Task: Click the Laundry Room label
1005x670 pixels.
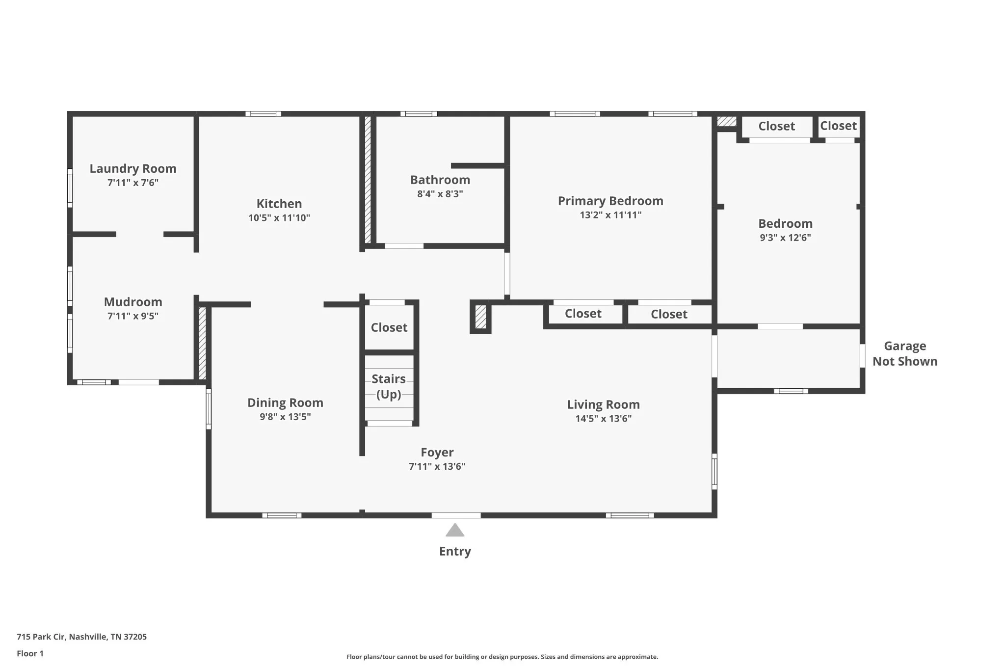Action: click(133, 168)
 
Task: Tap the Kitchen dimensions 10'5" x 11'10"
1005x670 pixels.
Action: click(279, 217)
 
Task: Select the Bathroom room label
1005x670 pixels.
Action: click(440, 180)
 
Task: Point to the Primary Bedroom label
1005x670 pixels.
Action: click(610, 201)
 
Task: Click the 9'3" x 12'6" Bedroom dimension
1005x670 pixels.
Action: click(785, 238)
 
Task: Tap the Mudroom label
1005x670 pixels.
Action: click(133, 302)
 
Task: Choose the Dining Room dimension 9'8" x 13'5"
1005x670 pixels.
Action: click(285, 417)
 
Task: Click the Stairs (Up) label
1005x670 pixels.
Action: click(389, 387)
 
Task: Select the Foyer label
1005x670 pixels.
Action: click(437, 453)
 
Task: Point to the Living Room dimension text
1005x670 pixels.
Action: click(604, 419)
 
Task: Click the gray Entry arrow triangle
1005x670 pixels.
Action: click(455, 531)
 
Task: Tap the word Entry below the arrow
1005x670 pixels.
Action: click(455, 551)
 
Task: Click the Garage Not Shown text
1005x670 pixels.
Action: click(905, 354)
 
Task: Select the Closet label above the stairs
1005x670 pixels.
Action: click(389, 327)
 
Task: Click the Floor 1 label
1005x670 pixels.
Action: click(30, 653)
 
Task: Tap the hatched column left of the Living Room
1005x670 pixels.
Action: click(480, 317)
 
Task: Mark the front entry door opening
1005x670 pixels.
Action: click(456, 515)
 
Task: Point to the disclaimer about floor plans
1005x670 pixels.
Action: click(502, 657)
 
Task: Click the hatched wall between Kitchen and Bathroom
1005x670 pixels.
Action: click(368, 180)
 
